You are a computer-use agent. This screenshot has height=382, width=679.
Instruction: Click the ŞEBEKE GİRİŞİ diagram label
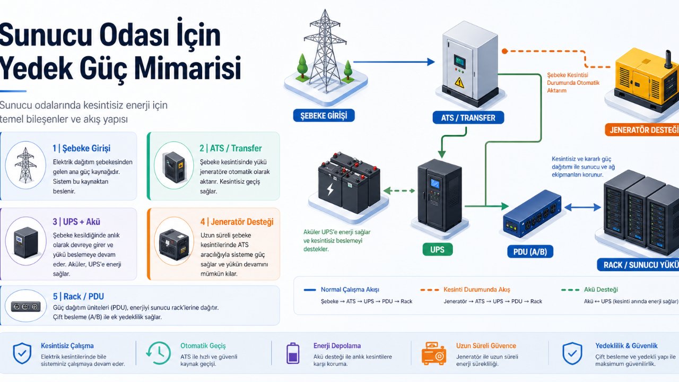324,115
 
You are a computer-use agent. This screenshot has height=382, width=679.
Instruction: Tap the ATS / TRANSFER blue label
468,117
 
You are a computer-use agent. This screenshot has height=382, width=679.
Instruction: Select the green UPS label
438,248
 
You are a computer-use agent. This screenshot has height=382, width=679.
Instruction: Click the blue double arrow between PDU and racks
582,207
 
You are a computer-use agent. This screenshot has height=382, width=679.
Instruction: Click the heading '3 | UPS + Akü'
76,222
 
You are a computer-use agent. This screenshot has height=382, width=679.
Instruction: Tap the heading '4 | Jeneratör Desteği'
237,222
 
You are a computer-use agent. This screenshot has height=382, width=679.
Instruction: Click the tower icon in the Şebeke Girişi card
25,165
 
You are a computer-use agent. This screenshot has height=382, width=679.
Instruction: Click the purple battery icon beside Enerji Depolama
292,353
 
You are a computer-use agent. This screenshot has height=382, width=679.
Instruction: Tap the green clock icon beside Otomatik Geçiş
158,353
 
